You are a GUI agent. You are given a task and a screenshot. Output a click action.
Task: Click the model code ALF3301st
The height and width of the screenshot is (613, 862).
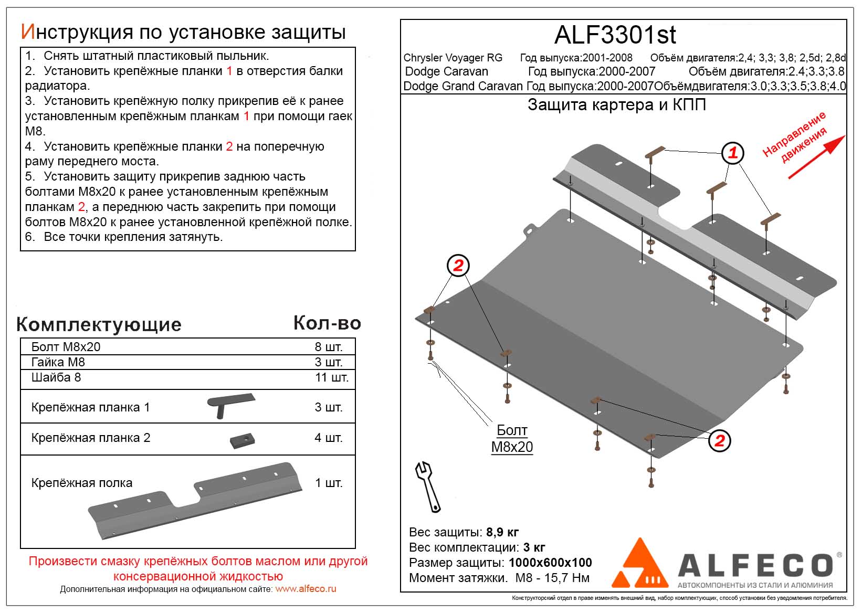click(615, 35)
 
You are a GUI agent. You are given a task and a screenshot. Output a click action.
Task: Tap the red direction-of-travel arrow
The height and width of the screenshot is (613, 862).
click(817, 157)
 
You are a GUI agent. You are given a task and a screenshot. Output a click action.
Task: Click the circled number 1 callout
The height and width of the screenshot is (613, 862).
click(732, 153)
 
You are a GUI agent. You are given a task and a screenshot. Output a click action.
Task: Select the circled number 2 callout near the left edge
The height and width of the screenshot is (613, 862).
click(458, 266)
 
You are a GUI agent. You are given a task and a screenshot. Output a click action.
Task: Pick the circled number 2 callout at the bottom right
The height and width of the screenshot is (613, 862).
click(719, 441)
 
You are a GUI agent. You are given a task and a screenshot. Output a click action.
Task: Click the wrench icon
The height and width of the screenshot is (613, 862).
click(428, 487)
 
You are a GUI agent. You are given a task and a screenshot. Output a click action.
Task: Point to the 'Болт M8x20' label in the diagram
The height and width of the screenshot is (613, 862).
click(512, 439)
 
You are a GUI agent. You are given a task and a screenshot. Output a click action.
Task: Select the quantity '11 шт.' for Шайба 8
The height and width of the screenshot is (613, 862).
click(331, 377)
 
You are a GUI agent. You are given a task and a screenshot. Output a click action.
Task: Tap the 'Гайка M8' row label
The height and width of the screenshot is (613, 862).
click(58, 362)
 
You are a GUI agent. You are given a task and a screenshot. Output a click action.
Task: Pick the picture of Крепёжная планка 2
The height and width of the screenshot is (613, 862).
click(242, 440)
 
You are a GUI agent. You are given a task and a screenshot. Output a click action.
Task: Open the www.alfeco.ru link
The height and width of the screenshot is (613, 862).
click(306, 589)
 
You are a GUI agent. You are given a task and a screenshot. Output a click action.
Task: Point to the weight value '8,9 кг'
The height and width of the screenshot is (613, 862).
click(502, 532)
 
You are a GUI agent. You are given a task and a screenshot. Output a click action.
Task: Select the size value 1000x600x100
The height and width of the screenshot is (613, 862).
click(550, 563)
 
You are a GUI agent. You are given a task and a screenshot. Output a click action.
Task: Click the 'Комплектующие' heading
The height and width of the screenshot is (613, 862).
click(99, 324)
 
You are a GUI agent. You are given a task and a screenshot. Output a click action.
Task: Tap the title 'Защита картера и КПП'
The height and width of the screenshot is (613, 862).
click(616, 105)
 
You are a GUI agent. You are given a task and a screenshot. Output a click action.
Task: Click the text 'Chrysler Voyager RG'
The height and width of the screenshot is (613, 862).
click(453, 58)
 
